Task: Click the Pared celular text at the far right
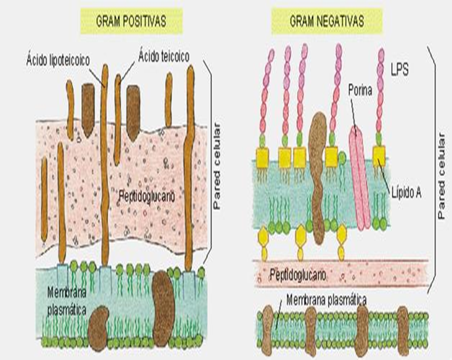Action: pyautogui.click(x=441, y=177)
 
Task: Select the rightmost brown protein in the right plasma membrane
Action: pyautogui.click(x=402, y=329)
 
